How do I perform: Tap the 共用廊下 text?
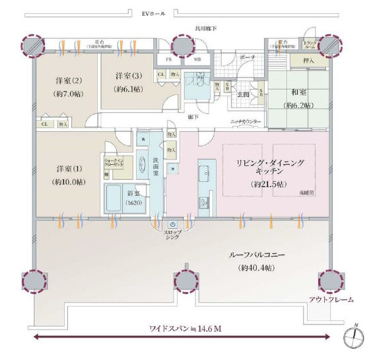click(206, 28)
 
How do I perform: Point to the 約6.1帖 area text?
click(127, 90)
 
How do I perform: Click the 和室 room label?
click(298, 94)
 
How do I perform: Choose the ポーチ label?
click(248, 57)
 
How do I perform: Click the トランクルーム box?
click(311, 45)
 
